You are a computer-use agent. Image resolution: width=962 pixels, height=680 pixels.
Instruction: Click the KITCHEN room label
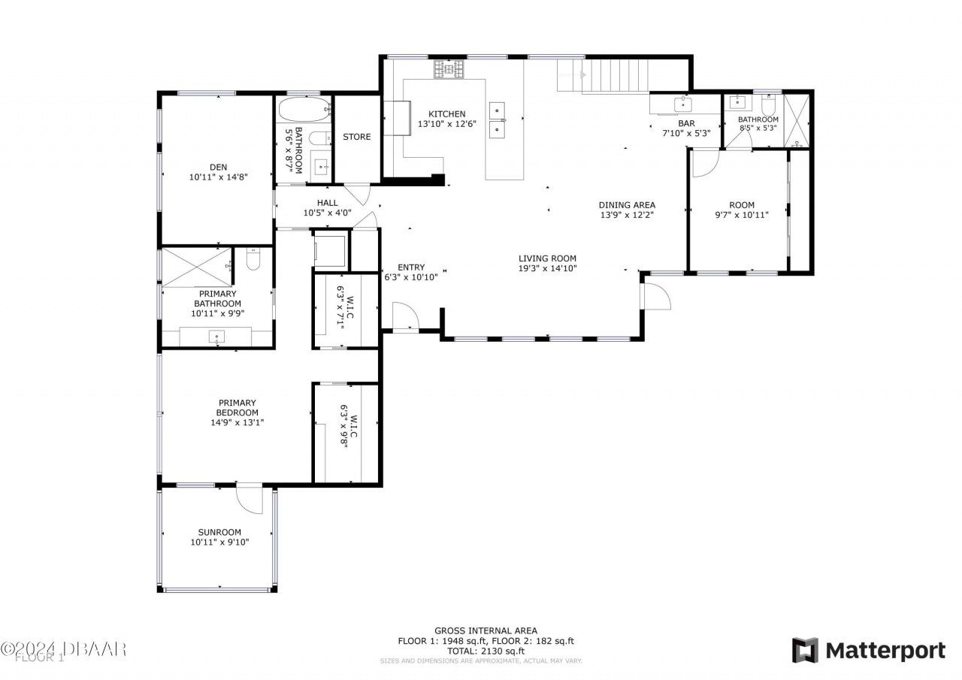point(447,114)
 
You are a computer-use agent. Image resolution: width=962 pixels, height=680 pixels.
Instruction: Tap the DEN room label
point(218,167)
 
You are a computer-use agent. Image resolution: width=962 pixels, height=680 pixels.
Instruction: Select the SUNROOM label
point(219,532)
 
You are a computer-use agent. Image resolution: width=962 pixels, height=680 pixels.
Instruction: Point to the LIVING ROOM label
point(546,258)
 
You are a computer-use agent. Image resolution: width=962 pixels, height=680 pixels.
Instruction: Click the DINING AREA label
point(627,204)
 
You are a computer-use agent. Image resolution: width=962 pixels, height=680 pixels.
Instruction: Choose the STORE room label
point(357,137)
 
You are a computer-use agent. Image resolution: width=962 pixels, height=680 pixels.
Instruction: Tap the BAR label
point(686,123)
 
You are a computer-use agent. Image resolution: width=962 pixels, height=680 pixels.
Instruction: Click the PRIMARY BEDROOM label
point(237,407)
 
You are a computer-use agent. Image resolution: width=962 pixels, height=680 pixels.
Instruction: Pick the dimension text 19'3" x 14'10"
point(546,268)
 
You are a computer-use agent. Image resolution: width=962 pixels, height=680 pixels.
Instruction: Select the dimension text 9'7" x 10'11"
point(741,215)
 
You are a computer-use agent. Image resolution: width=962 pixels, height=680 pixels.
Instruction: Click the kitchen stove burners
point(449,70)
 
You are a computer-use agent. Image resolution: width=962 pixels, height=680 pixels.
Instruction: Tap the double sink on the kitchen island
point(498,121)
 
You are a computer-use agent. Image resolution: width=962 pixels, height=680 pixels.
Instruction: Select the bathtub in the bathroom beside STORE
point(304,110)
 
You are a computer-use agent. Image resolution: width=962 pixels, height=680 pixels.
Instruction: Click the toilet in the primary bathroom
point(253,258)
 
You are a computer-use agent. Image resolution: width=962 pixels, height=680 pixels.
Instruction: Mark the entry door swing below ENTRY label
point(404,316)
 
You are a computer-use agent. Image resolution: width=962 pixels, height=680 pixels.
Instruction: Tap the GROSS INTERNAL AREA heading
point(486,631)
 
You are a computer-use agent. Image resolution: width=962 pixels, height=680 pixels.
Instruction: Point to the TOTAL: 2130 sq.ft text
point(486,651)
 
